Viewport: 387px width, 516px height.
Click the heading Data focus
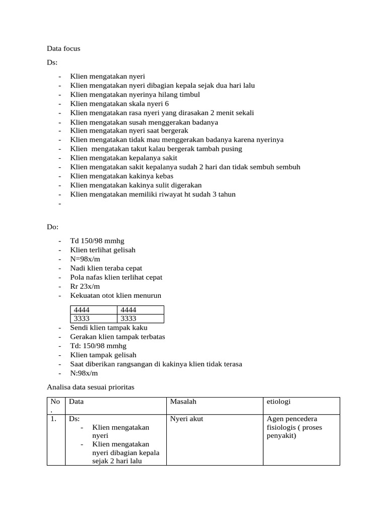(x=63, y=49)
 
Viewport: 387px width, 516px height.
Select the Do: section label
(x=53, y=227)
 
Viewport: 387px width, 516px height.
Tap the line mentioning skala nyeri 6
(x=119, y=104)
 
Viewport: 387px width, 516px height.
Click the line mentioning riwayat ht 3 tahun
(x=153, y=195)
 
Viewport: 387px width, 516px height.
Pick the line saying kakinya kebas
(x=121, y=176)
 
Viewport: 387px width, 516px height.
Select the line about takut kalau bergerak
(x=156, y=149)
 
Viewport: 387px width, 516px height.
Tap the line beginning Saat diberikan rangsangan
(x=156, y=364)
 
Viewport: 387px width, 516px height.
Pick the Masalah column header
(x=183, y=402)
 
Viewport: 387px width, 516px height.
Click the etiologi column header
(x=279, y=402)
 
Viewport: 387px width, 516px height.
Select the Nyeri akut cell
(x=186, y=419)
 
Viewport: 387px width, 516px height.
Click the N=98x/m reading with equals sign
(x=85, y=260)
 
